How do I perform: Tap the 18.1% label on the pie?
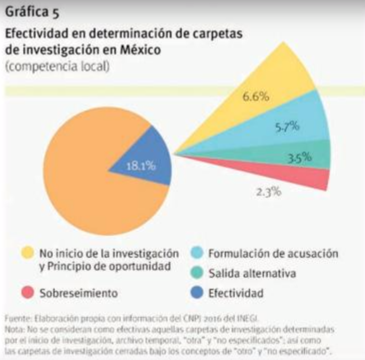[x=141, y=166]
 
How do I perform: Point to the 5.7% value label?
[x=287, y=126]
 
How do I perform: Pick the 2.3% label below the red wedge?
[x=269, y=191]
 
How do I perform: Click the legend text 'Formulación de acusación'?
[x=272, y=253]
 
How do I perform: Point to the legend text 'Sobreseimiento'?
[x=78, y=293]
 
